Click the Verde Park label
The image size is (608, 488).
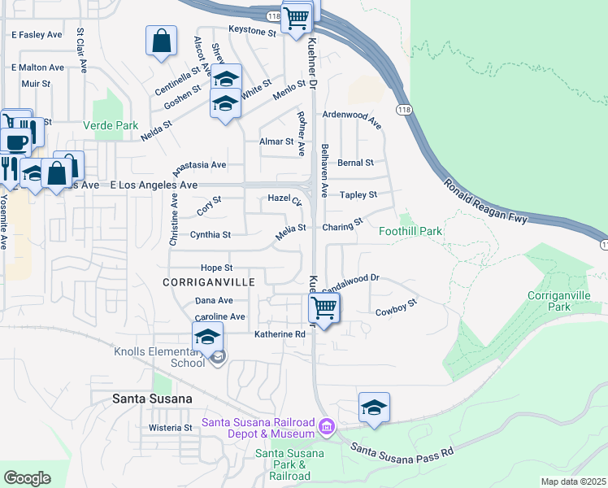click(111, 126)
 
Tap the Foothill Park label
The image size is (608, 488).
click(410, 231)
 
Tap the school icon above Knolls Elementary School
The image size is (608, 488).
click(207, 337)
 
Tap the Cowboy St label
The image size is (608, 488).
click(396, 307)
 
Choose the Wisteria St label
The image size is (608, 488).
click(169, 427)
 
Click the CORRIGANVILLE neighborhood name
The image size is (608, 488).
click(209, 282)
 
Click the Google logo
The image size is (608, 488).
click(27, 477)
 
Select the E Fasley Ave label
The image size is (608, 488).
click(37, 35)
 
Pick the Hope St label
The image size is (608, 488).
click(217, 268)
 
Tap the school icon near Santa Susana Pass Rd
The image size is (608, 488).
click(374, 407)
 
